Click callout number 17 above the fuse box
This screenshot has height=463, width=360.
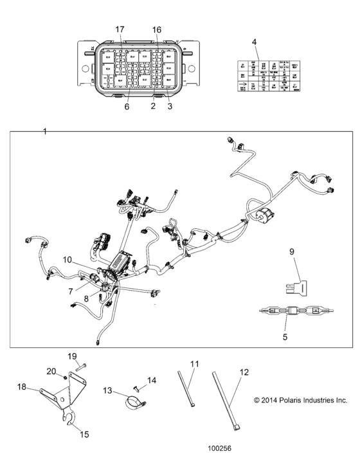click(120, 30)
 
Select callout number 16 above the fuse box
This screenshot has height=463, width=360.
click(157, 30)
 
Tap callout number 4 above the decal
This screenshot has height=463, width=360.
click(254, 42)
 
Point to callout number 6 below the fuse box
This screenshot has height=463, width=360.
click(127, 107)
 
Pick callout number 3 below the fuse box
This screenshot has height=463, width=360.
click(170, 107)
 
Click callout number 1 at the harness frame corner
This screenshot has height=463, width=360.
click(44, 131)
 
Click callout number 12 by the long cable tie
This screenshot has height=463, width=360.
click(244, 372)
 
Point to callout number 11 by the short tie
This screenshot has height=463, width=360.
click(194, 363)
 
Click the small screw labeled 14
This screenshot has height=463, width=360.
click(137, 388)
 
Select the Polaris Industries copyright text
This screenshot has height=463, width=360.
click(300, 400)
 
